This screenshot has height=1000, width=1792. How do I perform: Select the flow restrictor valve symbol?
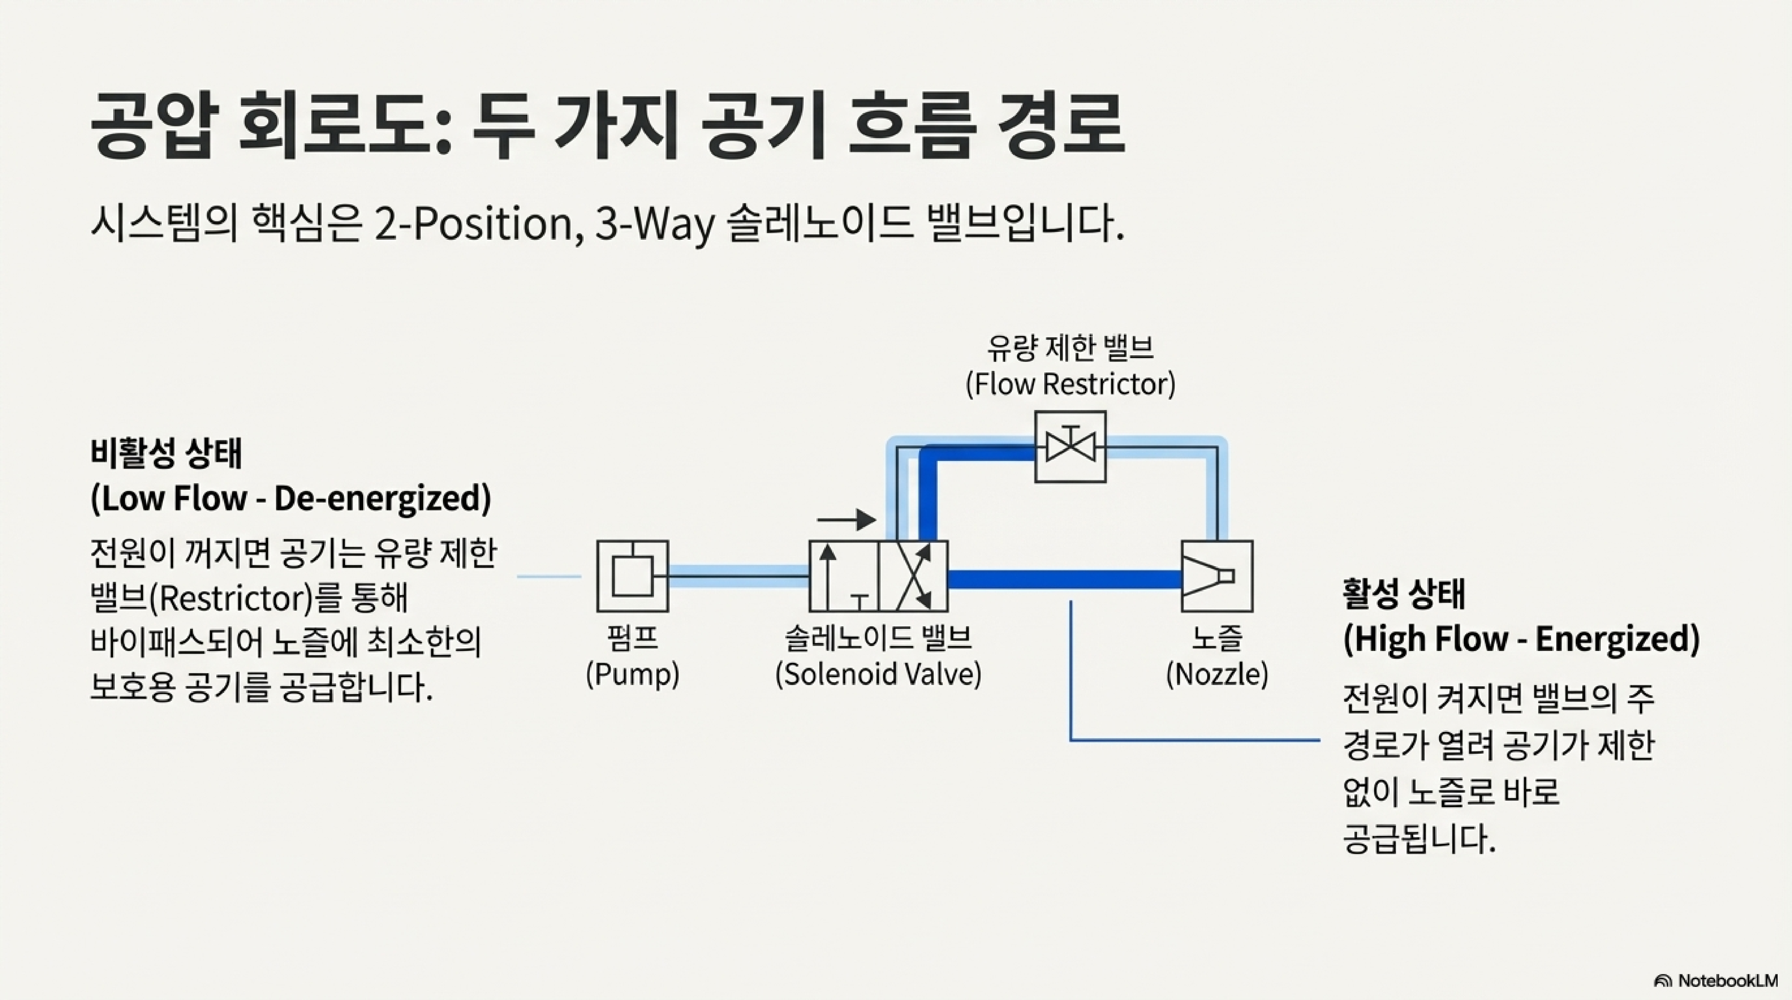point(1070,447)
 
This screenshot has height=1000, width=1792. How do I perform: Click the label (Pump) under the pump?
point(632,674)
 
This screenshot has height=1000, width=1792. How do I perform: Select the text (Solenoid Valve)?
point(878,674)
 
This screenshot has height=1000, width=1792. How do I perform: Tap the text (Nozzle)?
point(1217,674)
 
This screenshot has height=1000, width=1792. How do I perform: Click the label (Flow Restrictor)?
point(1070,384)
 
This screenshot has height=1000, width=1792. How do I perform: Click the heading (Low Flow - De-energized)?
point(291,498)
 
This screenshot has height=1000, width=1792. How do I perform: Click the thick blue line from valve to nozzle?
point(1064,578)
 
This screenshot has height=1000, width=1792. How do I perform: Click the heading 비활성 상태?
point(166,453)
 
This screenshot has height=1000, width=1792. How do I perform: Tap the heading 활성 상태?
point(1404,593)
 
